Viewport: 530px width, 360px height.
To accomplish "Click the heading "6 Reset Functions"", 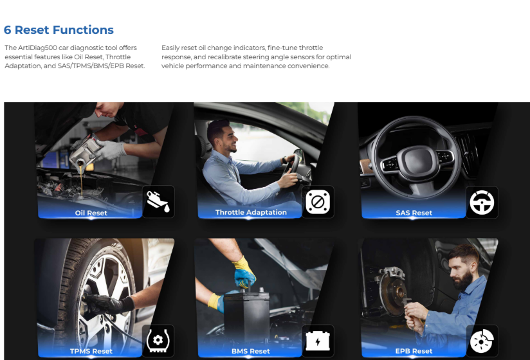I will (x=59, y=30).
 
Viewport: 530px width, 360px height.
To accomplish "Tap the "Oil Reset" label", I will (x=91, y=213).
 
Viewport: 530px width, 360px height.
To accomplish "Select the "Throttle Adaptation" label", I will (x=251, y=212).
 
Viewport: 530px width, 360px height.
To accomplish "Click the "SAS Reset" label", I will (x=414, y=213).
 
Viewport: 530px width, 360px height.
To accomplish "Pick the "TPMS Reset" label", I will (x=91, y=351).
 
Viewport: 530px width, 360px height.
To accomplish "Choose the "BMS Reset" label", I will (x=251, y=351).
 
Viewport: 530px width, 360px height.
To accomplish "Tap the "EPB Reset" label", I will (x=414, y=351).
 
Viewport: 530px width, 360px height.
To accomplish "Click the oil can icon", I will (x=158, y=202).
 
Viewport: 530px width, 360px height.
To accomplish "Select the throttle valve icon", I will (x=318, y=202).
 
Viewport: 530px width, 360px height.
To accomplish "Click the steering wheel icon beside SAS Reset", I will (x=481, y=203).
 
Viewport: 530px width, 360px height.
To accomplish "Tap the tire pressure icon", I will (x=158, y=340).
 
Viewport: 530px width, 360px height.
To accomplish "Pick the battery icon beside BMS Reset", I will (x=318, y=340).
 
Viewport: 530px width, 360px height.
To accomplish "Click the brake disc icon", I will (x=481, y=340).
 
